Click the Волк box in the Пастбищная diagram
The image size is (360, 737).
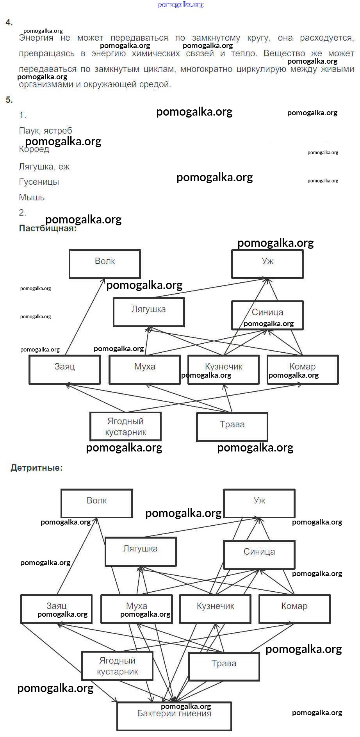pyautogui.click(x=105, y=264)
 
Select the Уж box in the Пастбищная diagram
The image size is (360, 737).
pyautogui.click(x=267, y=264)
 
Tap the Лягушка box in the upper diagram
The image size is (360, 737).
pyautogui.click(x=149, y=312)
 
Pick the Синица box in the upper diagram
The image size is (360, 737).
pyautogui.click(x=267, y=315)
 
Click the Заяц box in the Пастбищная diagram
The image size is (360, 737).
pyautogui.click(x=64, y=369)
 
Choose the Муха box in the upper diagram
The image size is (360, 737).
pyautogui.click(x=144, y=369)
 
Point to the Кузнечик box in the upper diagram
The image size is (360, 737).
pyautogui.click(x=223, y=369)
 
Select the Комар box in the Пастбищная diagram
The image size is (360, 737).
pyautogui.click(x=302, y=369)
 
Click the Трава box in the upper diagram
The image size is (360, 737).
pyautogui.click(x=232, y=427)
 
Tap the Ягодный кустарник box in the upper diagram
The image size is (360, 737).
pyautogui.click(x=125, y=426)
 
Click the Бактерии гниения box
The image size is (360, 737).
pyautogui.click(x=174, y=716)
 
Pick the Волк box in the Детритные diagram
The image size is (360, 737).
pyautogui.click(x=96, y=503)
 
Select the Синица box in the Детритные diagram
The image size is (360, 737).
pyautogui.click(x=259, y=554)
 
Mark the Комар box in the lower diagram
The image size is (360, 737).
pyautogui.click(x=294, y=609)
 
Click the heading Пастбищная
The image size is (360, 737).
pyautogui.click(x=48, y=228)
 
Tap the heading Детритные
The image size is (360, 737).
pyautogui.click(x=36, y=468)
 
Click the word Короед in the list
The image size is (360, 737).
pyautogui.click(x=34, y=149)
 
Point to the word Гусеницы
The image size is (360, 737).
pyautogui.click(x=39, y=182)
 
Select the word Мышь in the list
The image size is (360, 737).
pyautogui.click(x=32, y=198)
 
